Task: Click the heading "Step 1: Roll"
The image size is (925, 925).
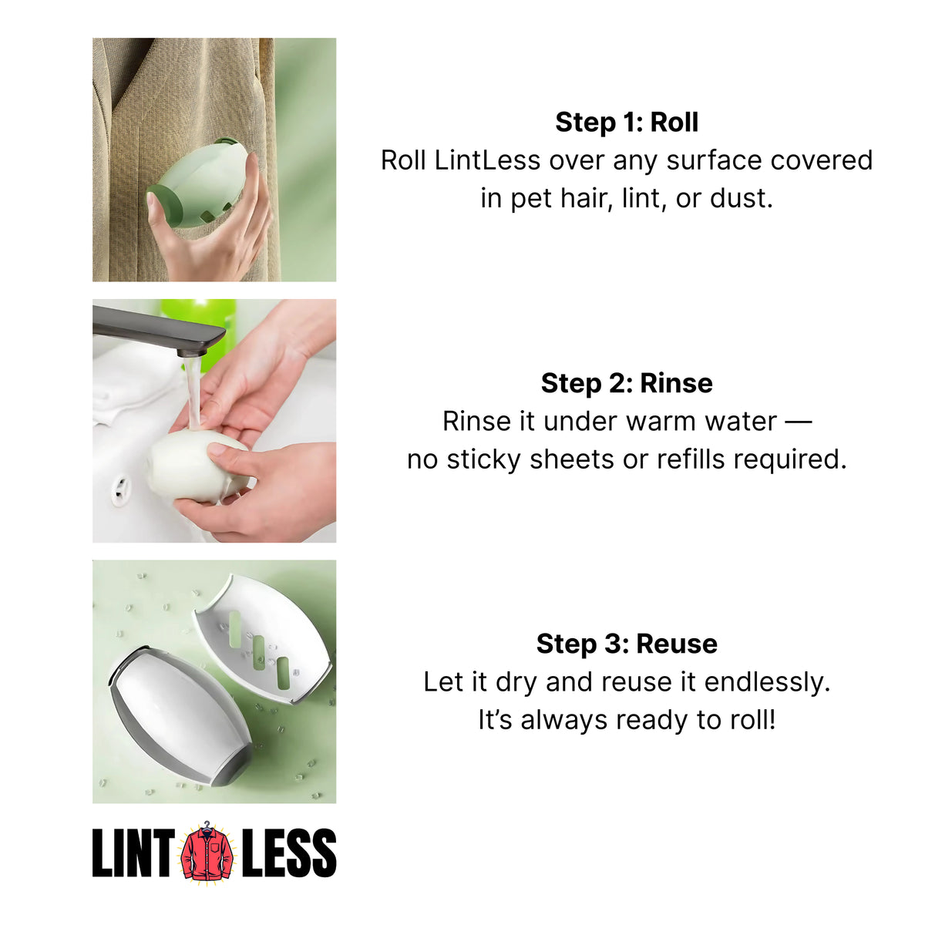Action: [627, 123]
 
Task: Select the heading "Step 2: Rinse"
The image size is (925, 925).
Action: [627, 383]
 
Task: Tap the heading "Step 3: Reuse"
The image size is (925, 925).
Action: [627, 644]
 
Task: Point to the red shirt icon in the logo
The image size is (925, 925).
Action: [207, 852]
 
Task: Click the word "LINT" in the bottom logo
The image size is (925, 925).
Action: [133, 853]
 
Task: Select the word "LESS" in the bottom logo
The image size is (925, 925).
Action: [289, 853]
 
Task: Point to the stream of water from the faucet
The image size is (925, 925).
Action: [193, 393]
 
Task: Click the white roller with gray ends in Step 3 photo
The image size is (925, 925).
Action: [181, 713]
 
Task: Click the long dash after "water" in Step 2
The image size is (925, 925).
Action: [798, 421]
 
